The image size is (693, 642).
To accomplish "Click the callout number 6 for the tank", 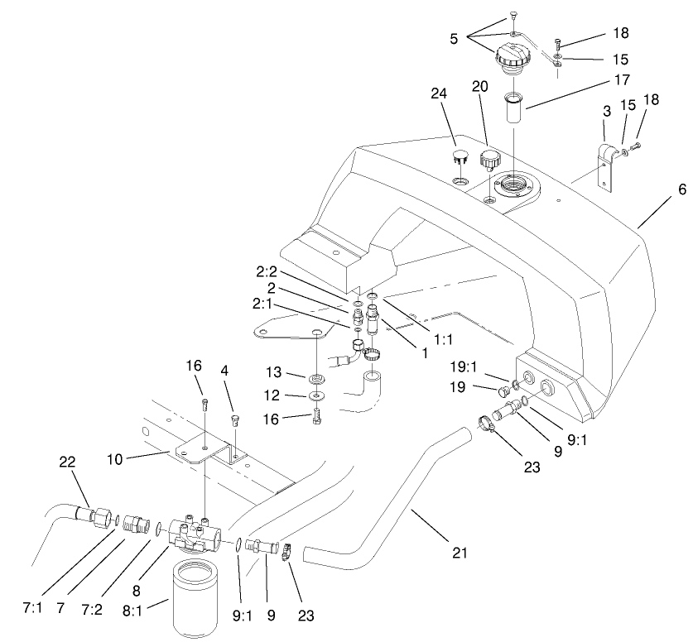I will tap(681, 189).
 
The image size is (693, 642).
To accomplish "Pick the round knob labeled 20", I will tap(490, 159).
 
